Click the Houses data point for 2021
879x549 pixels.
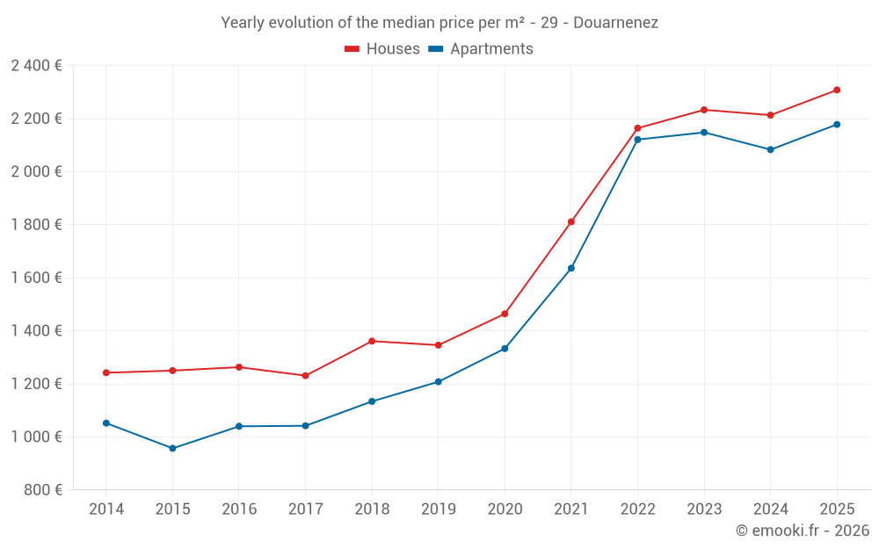coord(570,222)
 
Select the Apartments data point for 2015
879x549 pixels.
coord(172,448)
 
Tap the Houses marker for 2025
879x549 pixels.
coord(837,90)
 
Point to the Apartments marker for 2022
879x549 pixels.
coord(637,140)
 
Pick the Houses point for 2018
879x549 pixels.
coord(372,341)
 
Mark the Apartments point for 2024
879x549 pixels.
coord(770,149)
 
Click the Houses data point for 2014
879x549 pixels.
coord(106,372)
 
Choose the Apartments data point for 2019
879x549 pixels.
coord(438,382)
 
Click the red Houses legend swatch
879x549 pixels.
coord(352,49)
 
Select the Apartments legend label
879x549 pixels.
coord(491,49)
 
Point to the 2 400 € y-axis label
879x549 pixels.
coord(36,66)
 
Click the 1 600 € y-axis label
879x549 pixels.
coord(36,278)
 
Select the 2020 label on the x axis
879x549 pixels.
coord(505,509)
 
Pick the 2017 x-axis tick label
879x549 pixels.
coord(305,509)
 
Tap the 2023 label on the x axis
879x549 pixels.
coord(704,509)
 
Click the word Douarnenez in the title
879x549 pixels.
coord(615,23)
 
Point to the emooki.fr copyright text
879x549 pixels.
coord(803,531)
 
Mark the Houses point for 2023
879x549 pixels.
coord(704,110)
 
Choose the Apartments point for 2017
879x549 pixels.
coord(305,426)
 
